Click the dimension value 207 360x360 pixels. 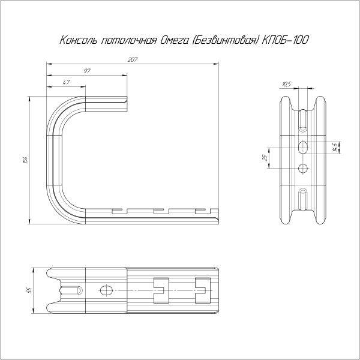pos(133,59)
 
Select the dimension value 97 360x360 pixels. pos(88,71)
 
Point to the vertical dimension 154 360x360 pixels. pos(25,160)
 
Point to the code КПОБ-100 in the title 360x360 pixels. pos(286,41)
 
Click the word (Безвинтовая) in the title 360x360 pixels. pos(229,41)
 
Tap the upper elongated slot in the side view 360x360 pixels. pos(304,119)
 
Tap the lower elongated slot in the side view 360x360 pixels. pos(304,200)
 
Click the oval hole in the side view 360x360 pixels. pos(304,146)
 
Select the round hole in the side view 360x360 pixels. pos(304,167)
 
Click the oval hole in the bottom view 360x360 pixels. pos(107,290)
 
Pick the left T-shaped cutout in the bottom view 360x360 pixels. pos(161,290)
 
